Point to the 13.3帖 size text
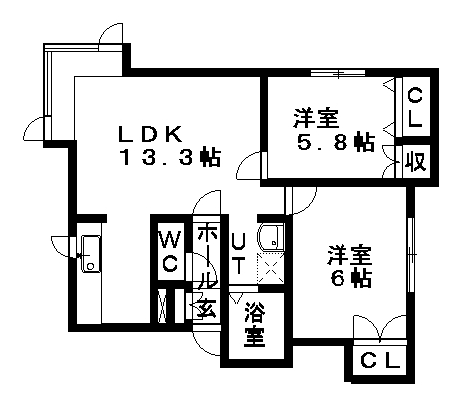[171, 157]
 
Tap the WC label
[170, 252]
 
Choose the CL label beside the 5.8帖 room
[414, 108]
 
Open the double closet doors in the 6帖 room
[380, 328]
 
